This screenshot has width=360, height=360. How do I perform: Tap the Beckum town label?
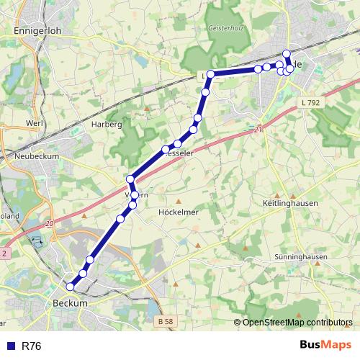[71, 304]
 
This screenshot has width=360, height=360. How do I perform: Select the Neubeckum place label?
[37, 156]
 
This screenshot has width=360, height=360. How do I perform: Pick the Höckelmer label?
[177, 212]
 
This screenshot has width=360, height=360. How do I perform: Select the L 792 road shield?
[310, 104]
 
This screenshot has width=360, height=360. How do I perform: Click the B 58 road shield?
[165, 320]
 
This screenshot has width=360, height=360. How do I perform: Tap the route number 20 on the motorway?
[50, 225]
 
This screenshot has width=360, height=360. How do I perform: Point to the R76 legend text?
[32, 346]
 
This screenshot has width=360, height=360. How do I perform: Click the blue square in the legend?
[10, 346]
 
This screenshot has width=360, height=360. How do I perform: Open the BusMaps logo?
[325, 346]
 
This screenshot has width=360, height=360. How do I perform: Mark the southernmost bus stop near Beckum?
[70, 287]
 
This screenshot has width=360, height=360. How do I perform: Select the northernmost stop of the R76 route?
[287, 53]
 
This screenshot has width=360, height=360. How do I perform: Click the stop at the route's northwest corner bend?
[210, 74]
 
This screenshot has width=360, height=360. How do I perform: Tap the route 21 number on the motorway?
[258, 130]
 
